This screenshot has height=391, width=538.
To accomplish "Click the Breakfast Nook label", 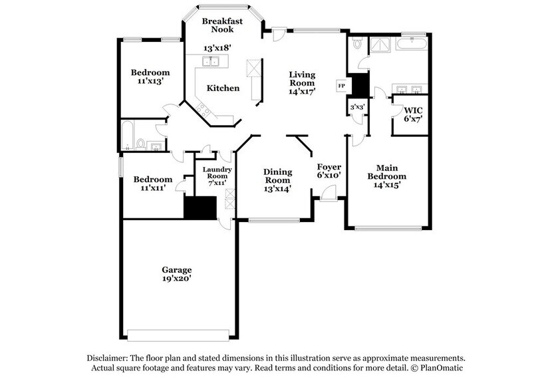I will click(222, 25).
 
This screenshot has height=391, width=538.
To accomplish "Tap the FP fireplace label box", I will click(342, 86).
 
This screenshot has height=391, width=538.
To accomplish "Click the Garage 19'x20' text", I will click(177, 275).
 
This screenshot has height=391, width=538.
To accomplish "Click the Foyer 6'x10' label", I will click(329, 171).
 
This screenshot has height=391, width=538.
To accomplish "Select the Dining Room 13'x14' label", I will click(277, 180).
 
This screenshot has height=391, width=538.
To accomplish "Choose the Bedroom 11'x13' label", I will click(150, 77).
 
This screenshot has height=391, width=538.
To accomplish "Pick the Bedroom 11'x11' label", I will click(152, 184).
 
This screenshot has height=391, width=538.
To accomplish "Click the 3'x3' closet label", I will click(356, 107).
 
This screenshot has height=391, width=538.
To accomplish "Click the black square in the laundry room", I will click(200, 208).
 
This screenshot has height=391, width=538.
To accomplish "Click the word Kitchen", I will click(223, 88).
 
